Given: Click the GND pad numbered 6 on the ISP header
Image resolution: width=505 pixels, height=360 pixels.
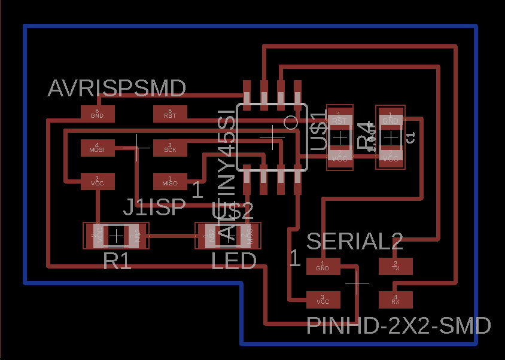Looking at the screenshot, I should click(x=97, y=112).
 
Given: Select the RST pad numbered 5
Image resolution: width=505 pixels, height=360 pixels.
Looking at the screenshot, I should click(x=170, y=112).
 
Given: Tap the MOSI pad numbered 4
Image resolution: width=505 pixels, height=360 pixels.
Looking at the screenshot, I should click(x=97, y=148).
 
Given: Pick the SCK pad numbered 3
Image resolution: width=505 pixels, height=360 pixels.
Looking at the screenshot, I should click(x=170, y=148).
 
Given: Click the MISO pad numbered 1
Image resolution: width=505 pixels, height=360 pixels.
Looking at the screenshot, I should click(x=170, y=181).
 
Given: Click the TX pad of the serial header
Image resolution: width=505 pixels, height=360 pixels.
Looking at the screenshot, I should click(x=396, y=266).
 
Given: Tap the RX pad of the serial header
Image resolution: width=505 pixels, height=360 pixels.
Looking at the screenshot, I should click(x=396, y=299).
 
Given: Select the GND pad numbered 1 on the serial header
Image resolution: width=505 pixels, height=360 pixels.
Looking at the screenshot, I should click(x=323, y=266).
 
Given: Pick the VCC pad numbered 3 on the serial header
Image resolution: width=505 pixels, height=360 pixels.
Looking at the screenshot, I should click(x=323, y=299).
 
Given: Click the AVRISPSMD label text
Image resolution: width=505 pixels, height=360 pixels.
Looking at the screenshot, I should click(x=117, y=89).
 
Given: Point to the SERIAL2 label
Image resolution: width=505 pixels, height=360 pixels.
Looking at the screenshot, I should click(x=355, y=242).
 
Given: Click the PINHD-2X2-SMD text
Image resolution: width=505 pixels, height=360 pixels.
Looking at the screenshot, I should click(x=398, y=327).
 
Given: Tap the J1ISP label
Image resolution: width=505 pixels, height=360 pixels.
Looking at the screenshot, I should click(x=154, y=208).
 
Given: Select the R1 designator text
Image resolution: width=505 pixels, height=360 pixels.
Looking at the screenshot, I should click(x=117, y=261).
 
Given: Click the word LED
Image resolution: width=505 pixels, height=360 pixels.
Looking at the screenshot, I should click(x=234, y=261).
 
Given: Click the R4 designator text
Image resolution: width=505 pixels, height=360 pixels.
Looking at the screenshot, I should click(x=366, y=137).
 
